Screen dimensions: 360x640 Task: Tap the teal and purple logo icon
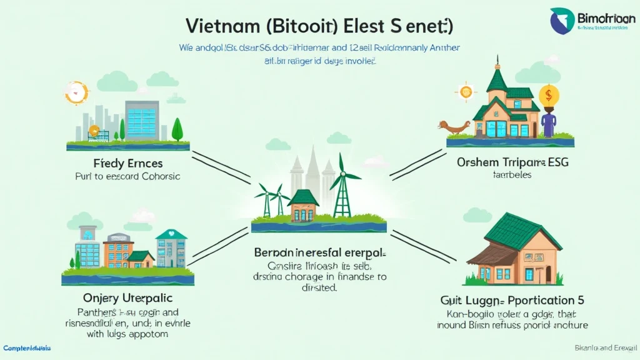(x=563, y=21)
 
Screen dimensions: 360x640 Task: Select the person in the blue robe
(x=549, y=121)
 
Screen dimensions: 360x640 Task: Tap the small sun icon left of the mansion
(x=466, y=92)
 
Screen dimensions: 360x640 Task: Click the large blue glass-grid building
(x=142, y=120)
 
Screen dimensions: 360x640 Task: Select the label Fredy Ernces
(x=127, y=164)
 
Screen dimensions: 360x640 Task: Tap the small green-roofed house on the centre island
(x=303, y=206)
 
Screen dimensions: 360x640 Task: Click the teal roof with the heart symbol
(x=171, y=235)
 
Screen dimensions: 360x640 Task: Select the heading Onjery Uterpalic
(x=127, y=298)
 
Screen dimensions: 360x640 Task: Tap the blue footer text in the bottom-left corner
(x=26, y=347)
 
